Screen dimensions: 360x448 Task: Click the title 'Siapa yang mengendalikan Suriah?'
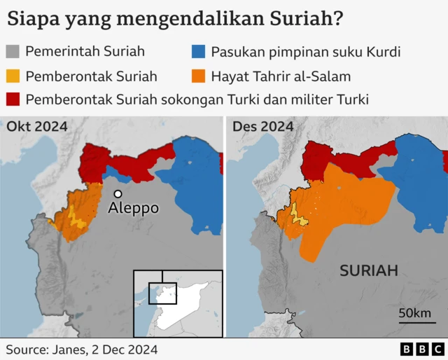click(x=175, y=18)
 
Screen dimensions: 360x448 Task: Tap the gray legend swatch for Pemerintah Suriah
click(x=13, y=52)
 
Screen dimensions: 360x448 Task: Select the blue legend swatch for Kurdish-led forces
click(x=199, y=52)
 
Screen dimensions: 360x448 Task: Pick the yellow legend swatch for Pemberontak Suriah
click(x=13, y=76)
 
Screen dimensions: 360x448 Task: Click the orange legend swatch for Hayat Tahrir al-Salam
click(x=199, y=76)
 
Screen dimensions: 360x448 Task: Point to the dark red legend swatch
click(x=13, y=99)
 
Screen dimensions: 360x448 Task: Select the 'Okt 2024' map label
click(x=37, y=127)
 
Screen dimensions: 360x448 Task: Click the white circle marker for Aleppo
click(x=118, y=193)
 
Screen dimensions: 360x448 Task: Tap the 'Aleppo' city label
click(x=133, y=209)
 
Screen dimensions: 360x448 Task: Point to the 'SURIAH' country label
click(x=369, y=270)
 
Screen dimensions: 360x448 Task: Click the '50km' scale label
click(x=414, y=313)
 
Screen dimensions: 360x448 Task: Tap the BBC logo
click(x=421, y=348)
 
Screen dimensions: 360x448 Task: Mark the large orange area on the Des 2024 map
click(x=343, y=207)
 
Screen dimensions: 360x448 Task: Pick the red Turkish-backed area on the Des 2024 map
click(x=329, y=158)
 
